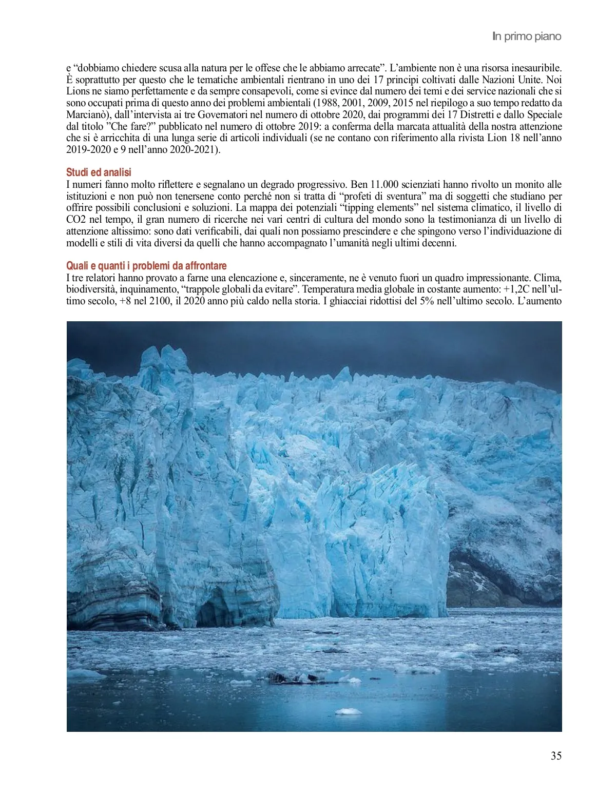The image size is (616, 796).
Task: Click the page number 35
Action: pyautogui.click(x=556, y=755)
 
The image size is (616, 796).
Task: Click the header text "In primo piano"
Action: pyautogui.click(x=527, y=36)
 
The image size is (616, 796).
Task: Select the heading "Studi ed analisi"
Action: pyautogui.click(x=99, y=172)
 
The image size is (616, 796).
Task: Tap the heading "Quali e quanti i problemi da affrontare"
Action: pyautogui.click(x=146, y=266)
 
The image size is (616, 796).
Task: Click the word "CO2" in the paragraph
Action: pyautogui.click(x=76, y=220)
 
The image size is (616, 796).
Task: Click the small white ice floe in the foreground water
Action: pyautogui.click(x=348, y=711)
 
